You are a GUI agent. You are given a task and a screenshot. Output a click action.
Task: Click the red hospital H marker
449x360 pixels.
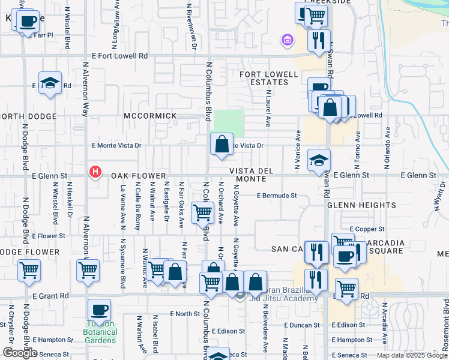[95, 173]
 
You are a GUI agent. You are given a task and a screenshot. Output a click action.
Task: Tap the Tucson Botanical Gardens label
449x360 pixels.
[100, 335]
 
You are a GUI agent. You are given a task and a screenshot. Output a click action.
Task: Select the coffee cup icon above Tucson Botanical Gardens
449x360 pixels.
[99, 310]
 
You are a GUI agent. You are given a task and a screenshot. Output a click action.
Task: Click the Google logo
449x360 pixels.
[20, 353]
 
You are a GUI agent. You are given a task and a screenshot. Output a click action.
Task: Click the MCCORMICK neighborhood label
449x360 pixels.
[150, 115]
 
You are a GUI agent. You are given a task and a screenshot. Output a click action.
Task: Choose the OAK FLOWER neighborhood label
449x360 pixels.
[134, 176]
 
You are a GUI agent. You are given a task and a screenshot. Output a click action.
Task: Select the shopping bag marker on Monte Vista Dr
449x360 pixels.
[221, 145]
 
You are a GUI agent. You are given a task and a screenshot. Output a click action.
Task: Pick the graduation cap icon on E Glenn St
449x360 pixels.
[319, 160]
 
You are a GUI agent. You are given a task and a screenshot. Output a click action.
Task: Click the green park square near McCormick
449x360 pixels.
[230, 124]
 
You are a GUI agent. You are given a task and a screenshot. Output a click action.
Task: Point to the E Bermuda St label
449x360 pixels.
[277, 196]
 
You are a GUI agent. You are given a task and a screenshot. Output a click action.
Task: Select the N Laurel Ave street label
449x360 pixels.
[268, 109]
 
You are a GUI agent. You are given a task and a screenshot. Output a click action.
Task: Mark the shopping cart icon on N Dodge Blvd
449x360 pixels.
[29, 271]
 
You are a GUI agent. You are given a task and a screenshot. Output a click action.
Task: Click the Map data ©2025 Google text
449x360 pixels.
[411, 355]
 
